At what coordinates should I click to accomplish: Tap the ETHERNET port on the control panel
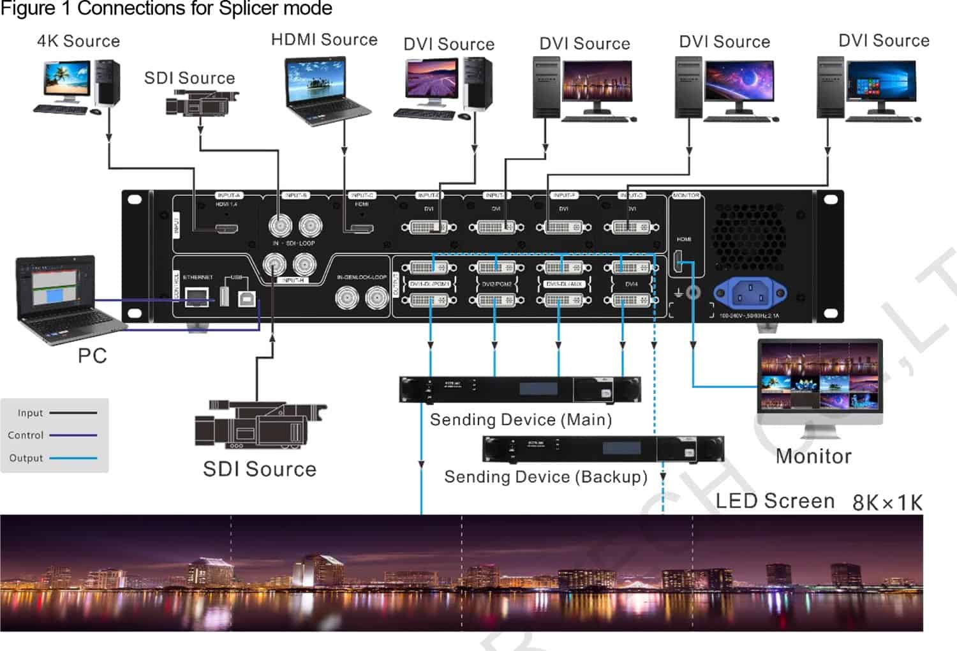point(197,296)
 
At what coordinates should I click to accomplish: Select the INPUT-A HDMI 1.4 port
point(226,228)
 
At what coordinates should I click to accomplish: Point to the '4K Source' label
point(78,41)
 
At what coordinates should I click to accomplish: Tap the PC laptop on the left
point(64,297)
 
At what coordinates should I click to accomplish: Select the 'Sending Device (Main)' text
point(521,420)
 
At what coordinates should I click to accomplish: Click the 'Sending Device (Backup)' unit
point(603,449)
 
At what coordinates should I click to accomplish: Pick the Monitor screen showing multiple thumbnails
point(820,377)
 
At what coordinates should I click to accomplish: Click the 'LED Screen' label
point(775,502)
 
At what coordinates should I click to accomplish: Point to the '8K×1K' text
point(887,503)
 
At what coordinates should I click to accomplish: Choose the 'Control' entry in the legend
point(26,435)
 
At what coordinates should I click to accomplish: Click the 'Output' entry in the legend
point(26,458)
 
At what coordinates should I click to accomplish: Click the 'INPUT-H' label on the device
point(293,280)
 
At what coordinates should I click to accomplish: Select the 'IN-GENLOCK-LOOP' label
point(362,278)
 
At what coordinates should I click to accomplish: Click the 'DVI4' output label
point(631,284)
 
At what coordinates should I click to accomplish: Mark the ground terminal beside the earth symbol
point(693,293)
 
